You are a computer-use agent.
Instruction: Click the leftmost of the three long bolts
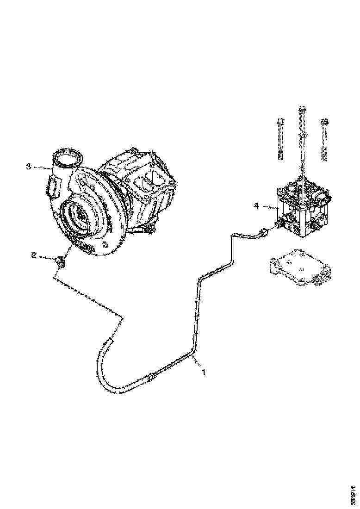coord(280,139)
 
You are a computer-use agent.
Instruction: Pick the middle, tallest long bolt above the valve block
coord(302,139)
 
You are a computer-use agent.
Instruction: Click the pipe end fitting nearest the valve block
coord(263,233)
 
